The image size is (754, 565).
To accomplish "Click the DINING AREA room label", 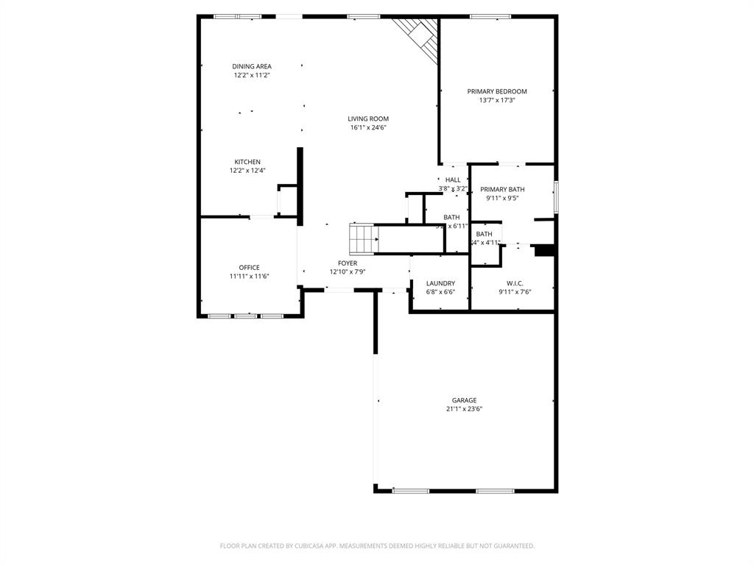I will [252, 66].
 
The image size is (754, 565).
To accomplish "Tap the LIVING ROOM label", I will [368, 118].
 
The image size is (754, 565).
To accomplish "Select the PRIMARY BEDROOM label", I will [497, 91].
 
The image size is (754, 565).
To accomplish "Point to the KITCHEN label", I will [247, 162].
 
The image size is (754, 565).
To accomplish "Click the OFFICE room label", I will [249, 267].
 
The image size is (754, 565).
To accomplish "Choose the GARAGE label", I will [464, 400].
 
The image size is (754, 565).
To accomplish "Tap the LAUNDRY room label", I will [440, 282].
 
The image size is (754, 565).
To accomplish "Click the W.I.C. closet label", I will [515, 282].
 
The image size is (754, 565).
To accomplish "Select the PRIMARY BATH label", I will [503, 189].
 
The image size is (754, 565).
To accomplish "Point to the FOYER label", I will [348, 263].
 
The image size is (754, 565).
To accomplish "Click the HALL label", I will [453, 180].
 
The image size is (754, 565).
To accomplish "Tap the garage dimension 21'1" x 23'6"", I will [464, 409].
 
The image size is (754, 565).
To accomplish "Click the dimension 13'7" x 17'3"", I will [497, 100].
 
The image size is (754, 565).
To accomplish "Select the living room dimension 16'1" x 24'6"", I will [368, 127].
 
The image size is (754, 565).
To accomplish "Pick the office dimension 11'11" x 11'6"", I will [249, 276].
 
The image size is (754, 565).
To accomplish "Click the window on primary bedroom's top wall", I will [490, 16].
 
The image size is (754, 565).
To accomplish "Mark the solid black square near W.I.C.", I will [544, 251].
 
